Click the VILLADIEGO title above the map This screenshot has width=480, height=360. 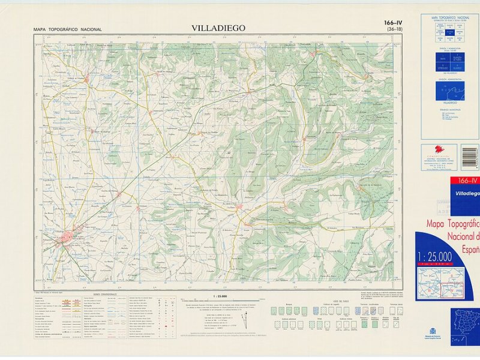pyautogui.click(x=218, y=28)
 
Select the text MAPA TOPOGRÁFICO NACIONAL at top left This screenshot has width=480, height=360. pyautogui.click(x=68, y=29)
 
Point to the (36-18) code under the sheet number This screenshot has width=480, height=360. pyautogui.click(x=395, y=29)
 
